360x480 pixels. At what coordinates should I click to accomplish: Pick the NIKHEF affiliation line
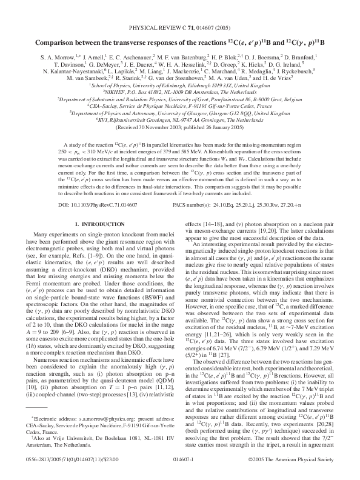[179, 90]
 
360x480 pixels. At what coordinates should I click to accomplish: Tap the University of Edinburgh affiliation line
[179, 86]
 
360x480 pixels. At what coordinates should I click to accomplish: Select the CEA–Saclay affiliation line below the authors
[179, 105]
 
